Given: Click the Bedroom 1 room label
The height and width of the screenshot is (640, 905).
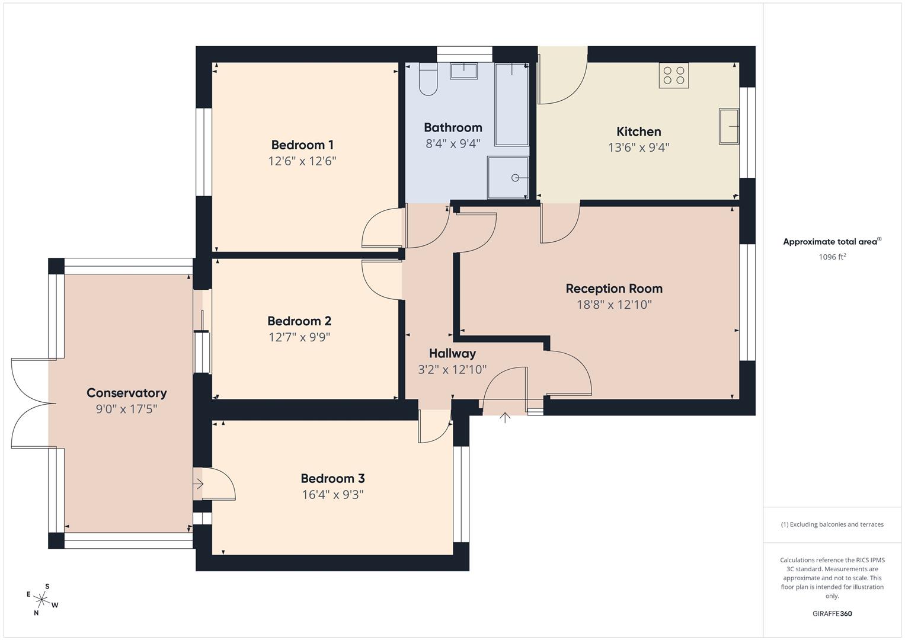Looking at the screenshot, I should point(302,145).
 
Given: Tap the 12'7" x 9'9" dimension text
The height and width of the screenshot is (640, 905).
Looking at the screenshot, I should point(299,337).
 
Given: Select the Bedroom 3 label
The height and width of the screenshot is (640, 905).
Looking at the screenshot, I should point(332,478).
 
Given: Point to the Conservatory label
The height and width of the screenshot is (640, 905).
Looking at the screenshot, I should point(126,393).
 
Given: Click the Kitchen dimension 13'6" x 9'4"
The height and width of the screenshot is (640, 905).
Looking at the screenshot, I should point(638,147).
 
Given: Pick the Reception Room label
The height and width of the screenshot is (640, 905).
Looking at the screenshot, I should point(614,289).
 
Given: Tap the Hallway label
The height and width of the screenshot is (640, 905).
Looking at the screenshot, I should point(452,354).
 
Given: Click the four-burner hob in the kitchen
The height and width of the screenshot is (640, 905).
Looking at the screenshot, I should point(674,75).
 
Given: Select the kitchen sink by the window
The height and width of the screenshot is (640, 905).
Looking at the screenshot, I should point(728,126).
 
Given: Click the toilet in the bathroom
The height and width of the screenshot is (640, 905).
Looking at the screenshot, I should point(428,80).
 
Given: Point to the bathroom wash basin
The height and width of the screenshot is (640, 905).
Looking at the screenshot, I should point(463,71).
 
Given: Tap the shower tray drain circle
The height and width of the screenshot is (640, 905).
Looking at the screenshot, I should point(515,178).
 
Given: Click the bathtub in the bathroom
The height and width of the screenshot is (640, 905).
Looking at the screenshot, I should point(511,104).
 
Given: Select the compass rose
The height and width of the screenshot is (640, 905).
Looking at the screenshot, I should point(42,599).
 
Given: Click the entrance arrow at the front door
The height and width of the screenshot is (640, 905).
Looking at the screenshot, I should point(505,417).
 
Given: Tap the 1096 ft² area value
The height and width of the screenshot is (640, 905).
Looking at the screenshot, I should point(832,257).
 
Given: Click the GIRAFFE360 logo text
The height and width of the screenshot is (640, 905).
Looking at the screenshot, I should point(832,613).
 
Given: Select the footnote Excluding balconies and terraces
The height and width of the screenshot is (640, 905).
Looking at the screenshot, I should point(832,524).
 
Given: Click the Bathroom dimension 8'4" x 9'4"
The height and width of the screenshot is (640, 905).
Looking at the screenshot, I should point(453,143).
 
